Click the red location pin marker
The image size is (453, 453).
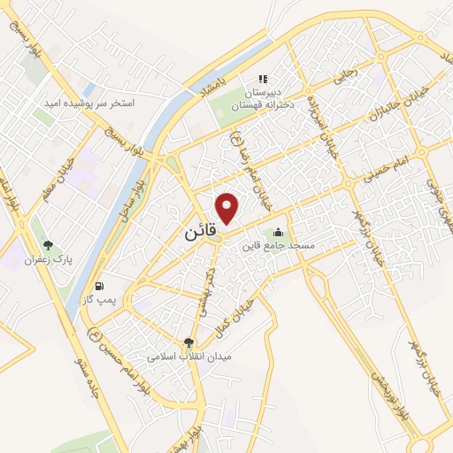click(229, 208)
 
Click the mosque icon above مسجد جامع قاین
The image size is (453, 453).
click(280, 233)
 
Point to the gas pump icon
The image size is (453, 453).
click(99, 286)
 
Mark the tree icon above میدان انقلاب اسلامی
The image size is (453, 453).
click(189, 342)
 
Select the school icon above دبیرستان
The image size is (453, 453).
click(262, 78)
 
